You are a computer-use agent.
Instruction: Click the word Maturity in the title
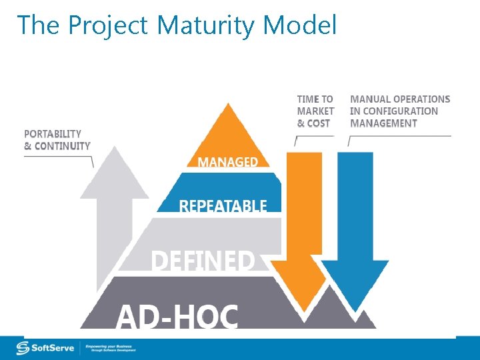coord(207,26)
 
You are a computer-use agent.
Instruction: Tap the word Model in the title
coord(300,26)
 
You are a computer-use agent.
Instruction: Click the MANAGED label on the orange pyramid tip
coord(227,162)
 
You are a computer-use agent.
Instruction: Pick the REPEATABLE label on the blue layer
coord(223,206)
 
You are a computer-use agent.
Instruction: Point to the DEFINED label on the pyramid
coord(203,261)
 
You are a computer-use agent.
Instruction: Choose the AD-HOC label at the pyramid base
coord(177,316)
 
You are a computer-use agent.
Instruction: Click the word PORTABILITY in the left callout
coord(53,134)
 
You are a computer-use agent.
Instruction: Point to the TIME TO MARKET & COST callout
coord(315,111)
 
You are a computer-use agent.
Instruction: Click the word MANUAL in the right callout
coord(371,99)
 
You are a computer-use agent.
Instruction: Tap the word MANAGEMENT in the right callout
coord(383,123)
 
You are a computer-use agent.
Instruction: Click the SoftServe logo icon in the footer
coord(23,348)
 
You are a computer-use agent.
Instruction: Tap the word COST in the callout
coord(318,123)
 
